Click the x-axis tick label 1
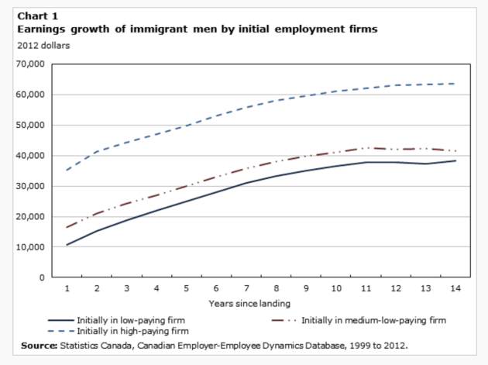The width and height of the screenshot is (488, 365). coord(67,288)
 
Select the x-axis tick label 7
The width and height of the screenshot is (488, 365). coord(246,288)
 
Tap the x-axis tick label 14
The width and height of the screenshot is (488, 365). coord(453,288)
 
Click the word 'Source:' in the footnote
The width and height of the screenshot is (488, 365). coord(38,345)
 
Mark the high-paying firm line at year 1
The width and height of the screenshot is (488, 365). coord(67,170)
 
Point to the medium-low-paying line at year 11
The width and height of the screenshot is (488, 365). coord(365,147)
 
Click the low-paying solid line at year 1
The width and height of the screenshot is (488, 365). coord(67,245)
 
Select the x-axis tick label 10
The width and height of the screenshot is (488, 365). coord(335,288)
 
